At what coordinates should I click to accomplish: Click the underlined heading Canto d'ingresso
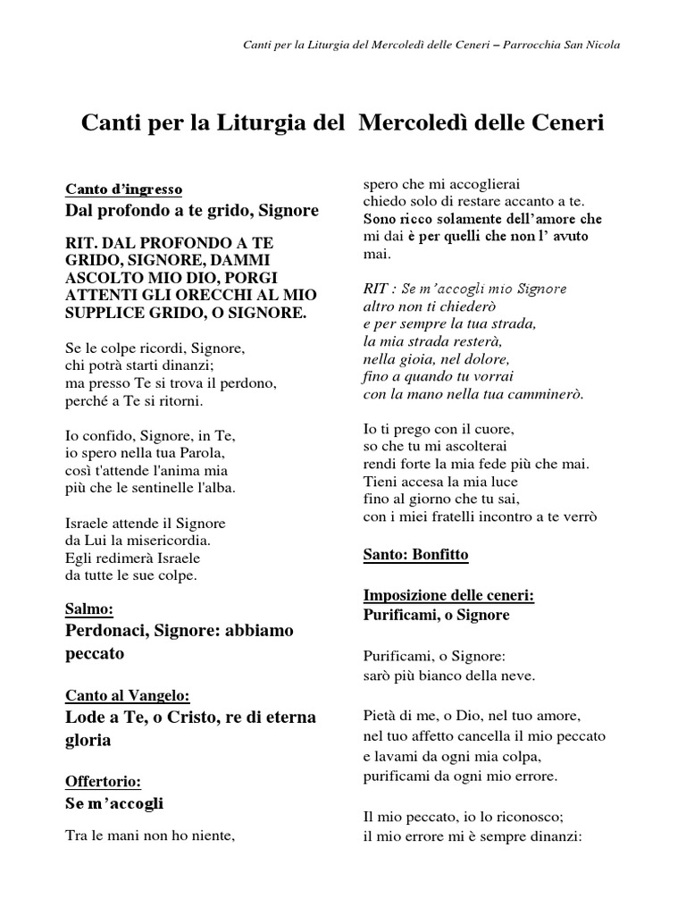124,189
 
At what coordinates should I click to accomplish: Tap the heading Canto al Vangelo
129,695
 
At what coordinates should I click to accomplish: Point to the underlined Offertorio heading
104,781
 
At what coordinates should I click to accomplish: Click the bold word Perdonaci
106,631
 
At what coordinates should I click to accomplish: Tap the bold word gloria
90,740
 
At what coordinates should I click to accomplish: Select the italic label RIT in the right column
375,290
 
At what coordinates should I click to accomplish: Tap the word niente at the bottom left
211,836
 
